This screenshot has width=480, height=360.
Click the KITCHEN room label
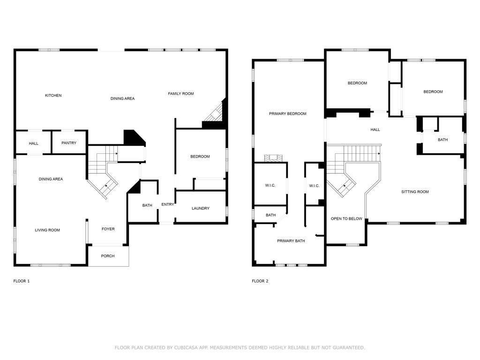(x=53, y=96)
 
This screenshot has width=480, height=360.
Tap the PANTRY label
(x=69, y=143)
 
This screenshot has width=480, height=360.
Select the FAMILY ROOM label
(x=181, y=94)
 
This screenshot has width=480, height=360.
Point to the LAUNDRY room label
(x=201, y=209)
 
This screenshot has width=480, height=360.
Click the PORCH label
(x=108, y=256)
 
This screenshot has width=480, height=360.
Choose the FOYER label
(x=108, y=229)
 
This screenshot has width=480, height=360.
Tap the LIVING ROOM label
(x=47, y=230)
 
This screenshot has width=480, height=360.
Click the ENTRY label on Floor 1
(x=167, y=204)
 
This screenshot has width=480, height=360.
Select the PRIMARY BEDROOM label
(x=288, y=114)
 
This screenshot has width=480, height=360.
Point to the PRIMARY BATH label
(x=291, y=241)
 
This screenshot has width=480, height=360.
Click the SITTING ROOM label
(x=415, y=192)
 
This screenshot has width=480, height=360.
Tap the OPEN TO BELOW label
(x=346, y=219)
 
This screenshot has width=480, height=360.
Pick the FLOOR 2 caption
(x=260, y=281)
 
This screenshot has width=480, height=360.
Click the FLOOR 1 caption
(x=22, y=281)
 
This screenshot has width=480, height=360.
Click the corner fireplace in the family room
(x=215, y=113)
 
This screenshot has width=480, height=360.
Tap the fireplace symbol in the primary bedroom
(x=273, y=158)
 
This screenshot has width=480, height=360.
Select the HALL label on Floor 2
(x=375, y=130)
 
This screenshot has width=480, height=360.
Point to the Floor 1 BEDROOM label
(x=200, y=157)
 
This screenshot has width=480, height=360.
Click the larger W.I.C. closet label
(x=270, y=186)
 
